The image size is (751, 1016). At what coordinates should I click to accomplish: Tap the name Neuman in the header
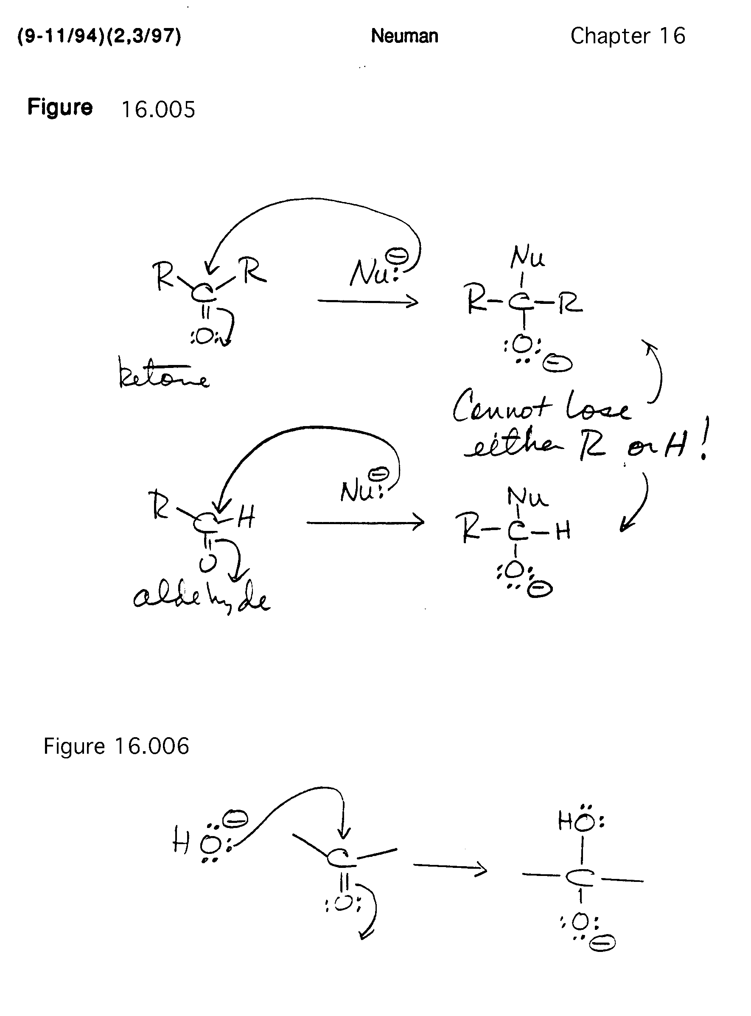(404, 36)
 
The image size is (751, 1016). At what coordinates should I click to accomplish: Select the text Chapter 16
(628, 36)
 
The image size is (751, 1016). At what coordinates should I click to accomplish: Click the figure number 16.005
(158, 109)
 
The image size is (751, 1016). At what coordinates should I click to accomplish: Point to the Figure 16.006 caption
(116, 746)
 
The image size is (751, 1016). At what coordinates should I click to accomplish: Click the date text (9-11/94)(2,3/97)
(99, 36)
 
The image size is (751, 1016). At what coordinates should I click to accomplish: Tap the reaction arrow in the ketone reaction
(367, 301)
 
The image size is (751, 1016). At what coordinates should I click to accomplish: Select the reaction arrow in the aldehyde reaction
(364, 523)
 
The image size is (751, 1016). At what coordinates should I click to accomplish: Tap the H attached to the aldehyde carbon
(246, 517)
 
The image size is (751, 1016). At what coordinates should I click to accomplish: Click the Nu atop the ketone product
(527, 258)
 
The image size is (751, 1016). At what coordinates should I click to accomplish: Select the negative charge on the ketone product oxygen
(558, 364)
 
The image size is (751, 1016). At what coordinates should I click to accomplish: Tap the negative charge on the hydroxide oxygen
(237, 818)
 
